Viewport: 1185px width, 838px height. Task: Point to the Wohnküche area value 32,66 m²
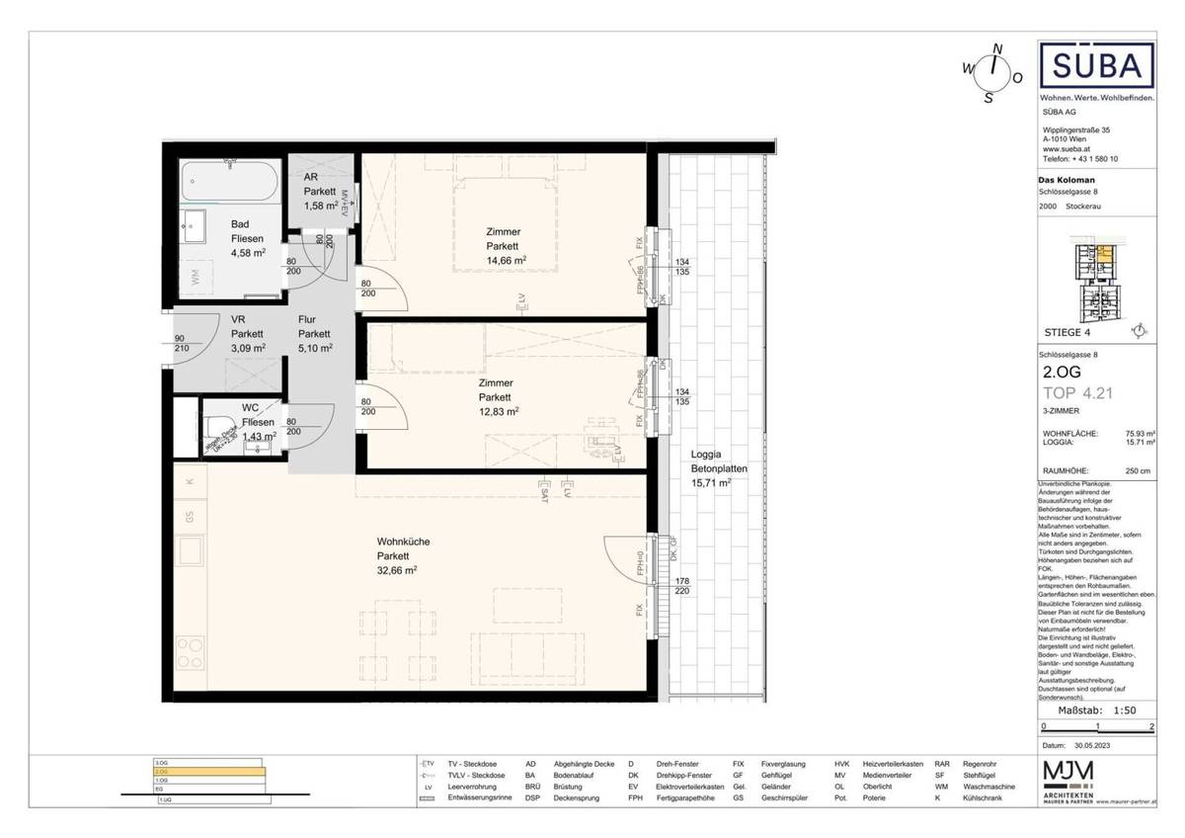[396, 570]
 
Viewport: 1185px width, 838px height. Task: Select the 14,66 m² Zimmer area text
[505, 260]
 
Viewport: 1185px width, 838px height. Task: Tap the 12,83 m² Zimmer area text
[498, 411]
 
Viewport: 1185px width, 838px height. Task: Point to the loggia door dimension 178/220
[681, 585]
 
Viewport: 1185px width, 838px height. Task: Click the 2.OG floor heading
[1062, 374]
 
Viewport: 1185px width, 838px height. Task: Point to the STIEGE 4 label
[1075, 332]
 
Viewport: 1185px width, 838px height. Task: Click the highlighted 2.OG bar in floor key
[206, 772]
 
